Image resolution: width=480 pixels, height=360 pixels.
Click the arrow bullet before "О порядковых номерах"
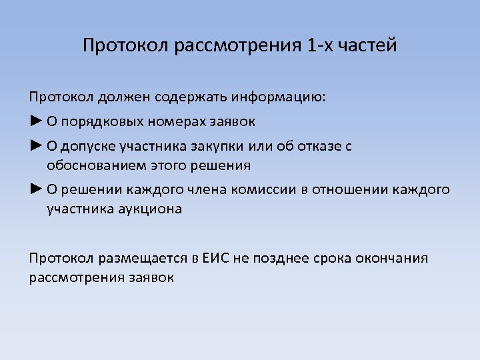[36, 121]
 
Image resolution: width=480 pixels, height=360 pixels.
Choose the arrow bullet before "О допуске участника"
[36, 146]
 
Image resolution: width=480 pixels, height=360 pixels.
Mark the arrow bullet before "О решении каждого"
[36, 189]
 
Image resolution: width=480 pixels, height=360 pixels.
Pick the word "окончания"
[394, 258]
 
